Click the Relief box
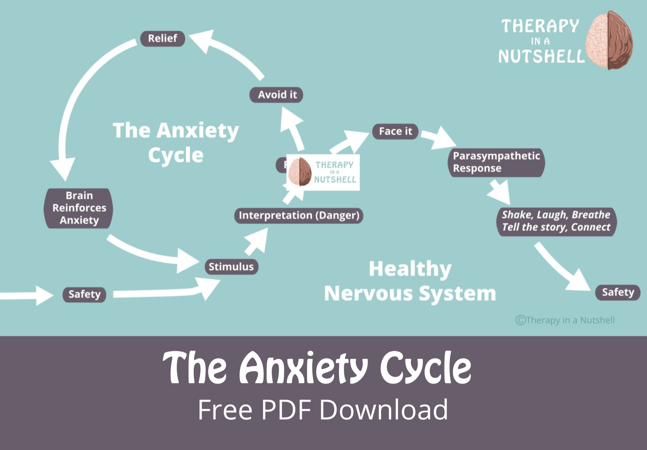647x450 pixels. [162, 38]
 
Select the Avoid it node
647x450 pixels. [276, 95]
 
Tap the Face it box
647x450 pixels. [395, 131]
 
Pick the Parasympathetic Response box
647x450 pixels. [496, 162]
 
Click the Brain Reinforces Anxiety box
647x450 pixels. [79, 208]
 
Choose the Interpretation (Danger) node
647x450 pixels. [299, 215]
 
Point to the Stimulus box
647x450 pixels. [231, 267]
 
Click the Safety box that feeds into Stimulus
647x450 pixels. [84, 294]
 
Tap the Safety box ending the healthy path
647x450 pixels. [618, 292]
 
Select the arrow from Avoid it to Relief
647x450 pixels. [230, 52]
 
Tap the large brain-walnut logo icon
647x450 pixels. [609, 40]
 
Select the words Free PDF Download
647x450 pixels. [323, 410]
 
